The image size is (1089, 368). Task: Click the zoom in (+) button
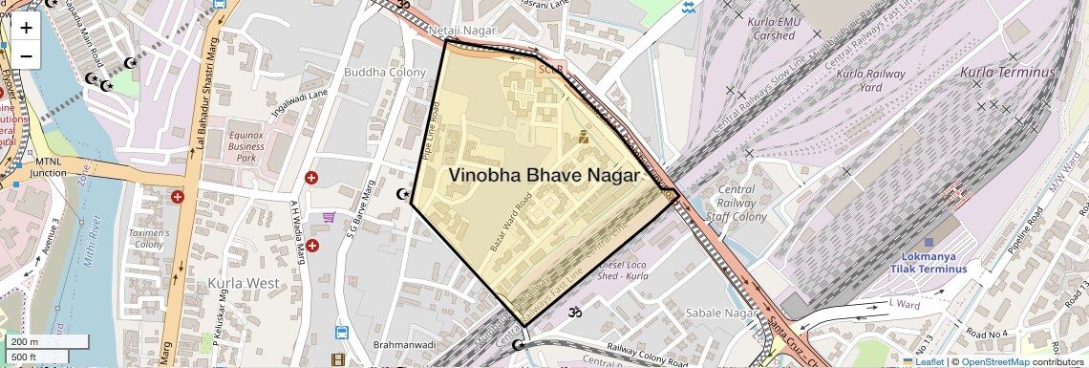tap(26, 28)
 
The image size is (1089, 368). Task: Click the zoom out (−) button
tap(26, 54)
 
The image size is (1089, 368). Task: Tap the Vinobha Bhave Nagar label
tap(544, 176)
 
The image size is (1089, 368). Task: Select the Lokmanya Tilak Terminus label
tap(929, 263)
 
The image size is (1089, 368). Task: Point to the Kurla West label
tap(243, 284)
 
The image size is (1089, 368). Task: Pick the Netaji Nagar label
tap(462, 32)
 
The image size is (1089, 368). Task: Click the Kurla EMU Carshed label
tap(773, 29)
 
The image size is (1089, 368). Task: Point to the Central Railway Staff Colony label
tap(736, 204)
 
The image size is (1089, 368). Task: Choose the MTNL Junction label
tap(48, 167)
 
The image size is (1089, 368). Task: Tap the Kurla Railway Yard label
tap(858, 80)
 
